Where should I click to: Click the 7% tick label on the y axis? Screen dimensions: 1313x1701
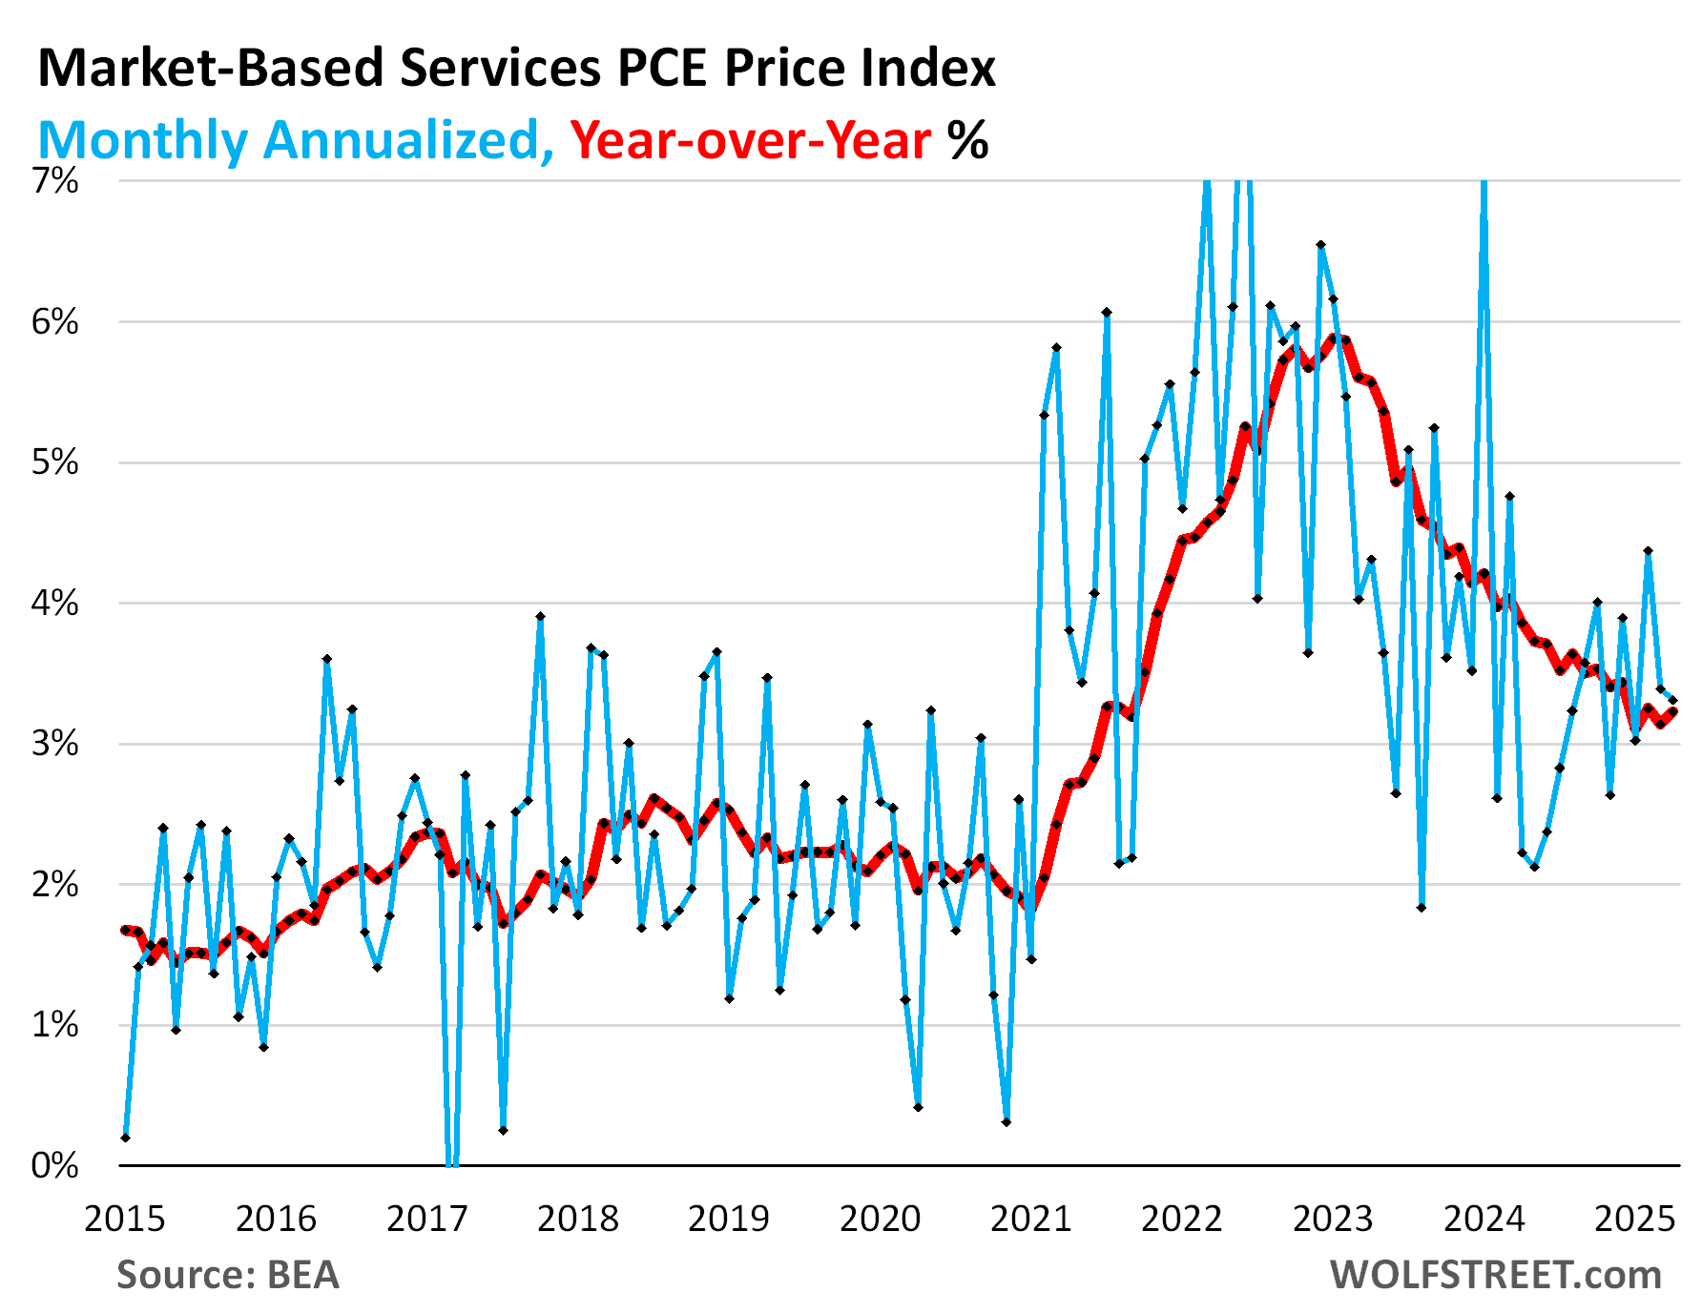[x=54, y=181]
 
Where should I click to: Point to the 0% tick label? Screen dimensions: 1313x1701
[x=54, y=1165]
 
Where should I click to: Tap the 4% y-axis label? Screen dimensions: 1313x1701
[x=54, y=603]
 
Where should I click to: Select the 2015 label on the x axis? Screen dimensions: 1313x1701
[x=125, y=1219]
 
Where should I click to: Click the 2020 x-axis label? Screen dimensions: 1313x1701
[x=880, y=1219]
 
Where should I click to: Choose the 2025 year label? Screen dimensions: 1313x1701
[x=1634, y=1219]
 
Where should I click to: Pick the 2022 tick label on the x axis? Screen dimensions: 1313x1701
[x=1182, y=1219]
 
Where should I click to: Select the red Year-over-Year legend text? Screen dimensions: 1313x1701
[x=750, y=140]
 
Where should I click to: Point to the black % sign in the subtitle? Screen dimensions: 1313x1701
[x=967, y=140]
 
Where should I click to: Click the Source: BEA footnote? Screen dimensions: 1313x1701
[x=228, y=1275]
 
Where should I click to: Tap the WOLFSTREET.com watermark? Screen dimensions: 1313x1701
[x=1495, y=1275]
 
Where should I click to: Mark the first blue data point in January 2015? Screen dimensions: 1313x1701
[x=126, y=1138]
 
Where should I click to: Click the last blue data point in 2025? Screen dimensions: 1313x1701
[x=1672, y=700]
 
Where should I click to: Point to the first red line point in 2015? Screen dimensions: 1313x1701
[x=126, y=930]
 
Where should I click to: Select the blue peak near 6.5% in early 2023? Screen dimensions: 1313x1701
[x=1321, y=245]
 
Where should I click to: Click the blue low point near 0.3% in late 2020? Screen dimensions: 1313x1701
[x=1006, y=1122]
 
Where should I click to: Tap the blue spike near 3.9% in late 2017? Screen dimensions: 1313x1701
[x=540, y=617]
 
